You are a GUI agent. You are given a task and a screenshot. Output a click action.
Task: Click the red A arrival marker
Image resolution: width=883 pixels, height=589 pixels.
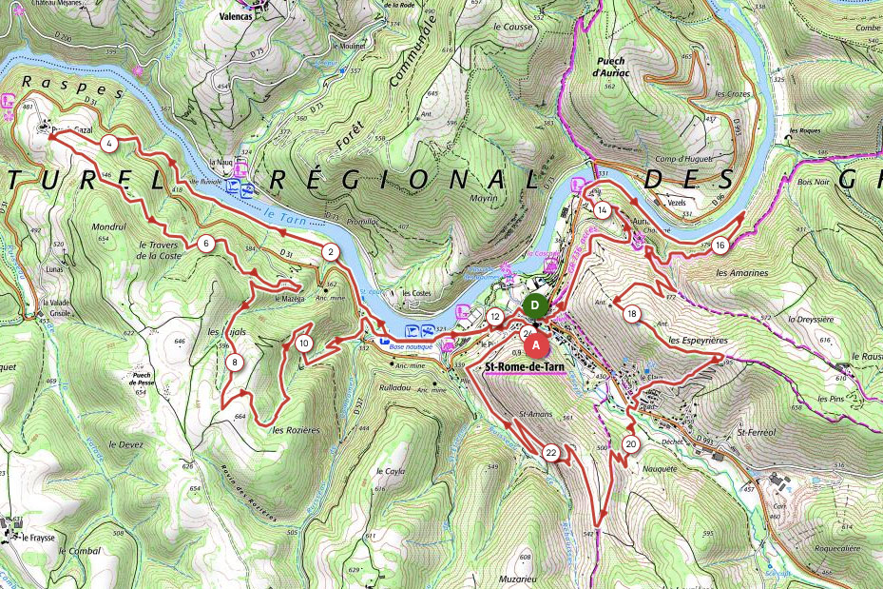536,344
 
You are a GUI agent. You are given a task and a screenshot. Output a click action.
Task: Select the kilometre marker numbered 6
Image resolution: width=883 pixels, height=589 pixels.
205,244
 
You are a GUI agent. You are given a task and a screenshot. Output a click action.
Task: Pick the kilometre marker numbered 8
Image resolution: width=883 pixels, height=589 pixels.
234,362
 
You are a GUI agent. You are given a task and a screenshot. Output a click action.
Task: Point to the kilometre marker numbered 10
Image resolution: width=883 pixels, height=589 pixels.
303,343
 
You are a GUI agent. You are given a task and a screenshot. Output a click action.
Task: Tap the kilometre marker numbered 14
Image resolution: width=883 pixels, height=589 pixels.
602,209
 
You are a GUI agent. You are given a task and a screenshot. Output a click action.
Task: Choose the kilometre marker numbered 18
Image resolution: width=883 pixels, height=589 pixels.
632,313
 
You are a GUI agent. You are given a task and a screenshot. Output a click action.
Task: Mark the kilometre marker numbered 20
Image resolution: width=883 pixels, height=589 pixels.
631,443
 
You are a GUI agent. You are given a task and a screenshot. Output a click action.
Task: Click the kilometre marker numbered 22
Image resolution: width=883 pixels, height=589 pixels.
551,453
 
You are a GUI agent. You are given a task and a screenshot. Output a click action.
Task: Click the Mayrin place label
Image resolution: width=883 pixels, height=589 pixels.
484,174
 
